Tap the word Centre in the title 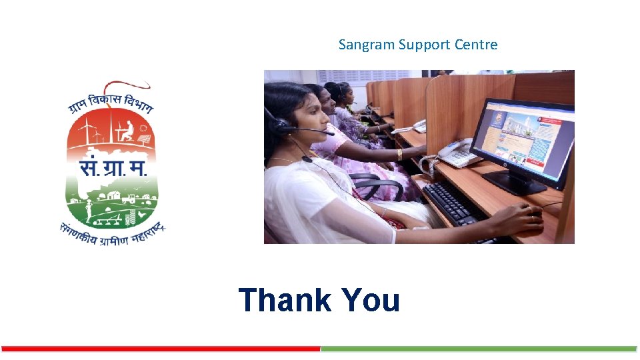(x=476, y=45)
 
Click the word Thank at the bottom (x=285, y=300)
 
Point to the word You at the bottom (x=370, y=300)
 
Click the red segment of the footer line (x=160, y=349)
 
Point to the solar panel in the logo (x=143, y=139)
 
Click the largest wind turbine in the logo (x=84, y=130)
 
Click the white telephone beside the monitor (x=455, y=155)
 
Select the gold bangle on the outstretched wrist (x=399, y=154)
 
